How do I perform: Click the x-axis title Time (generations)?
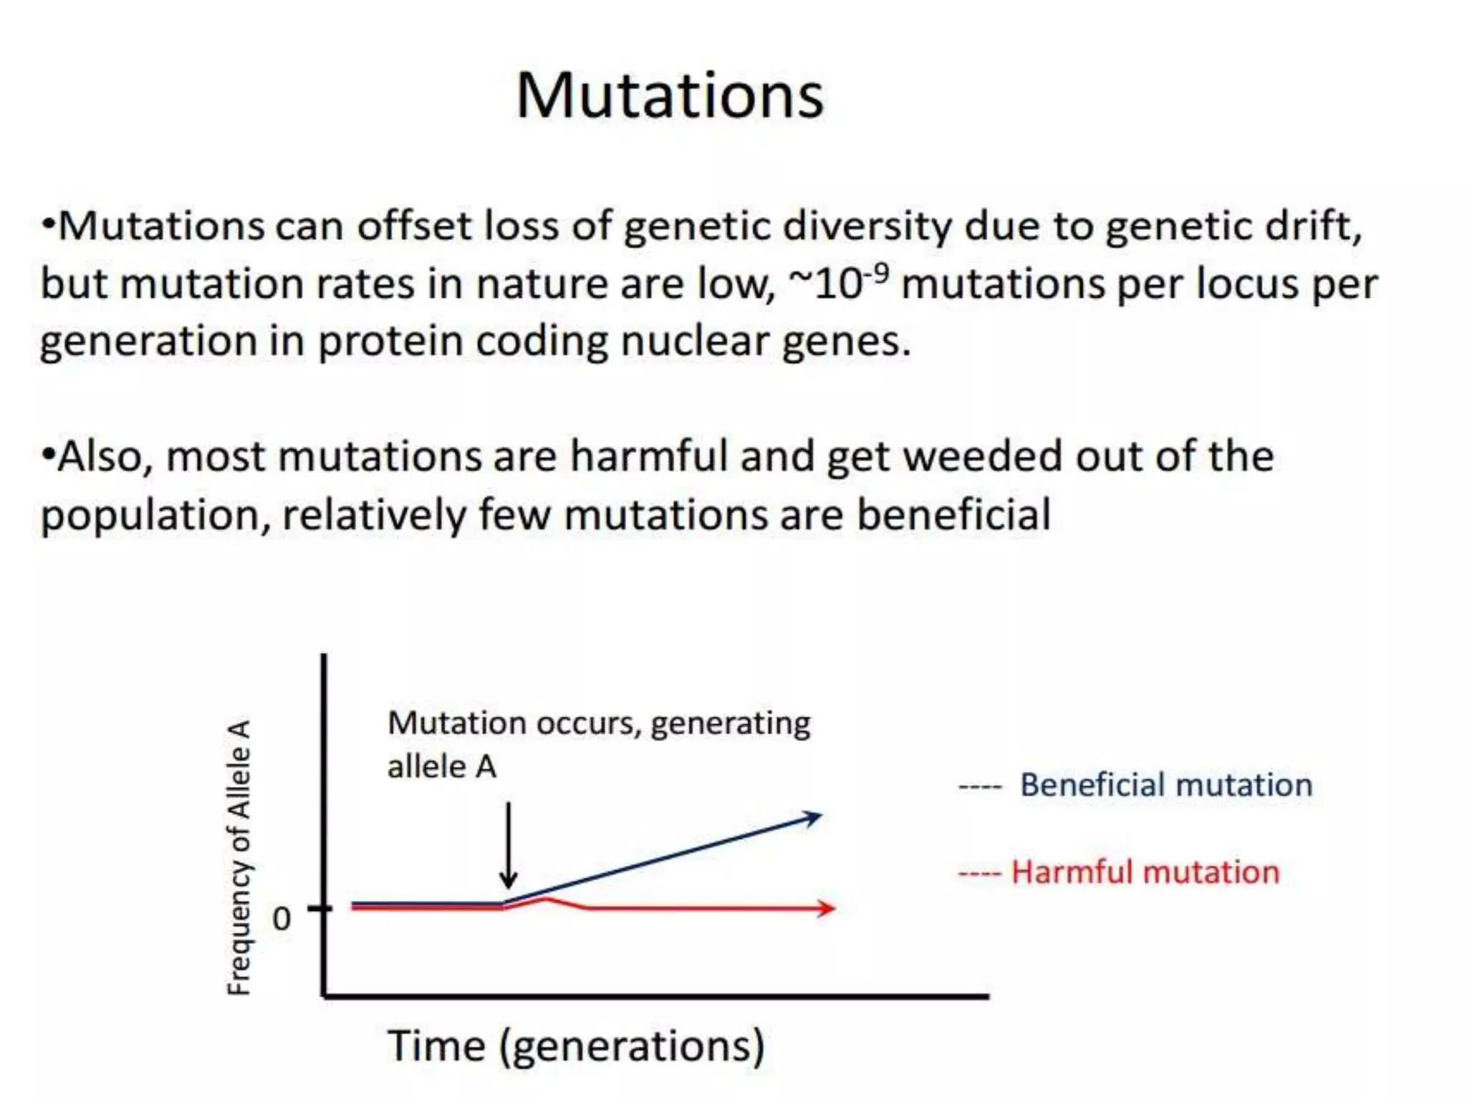coord(576,1046)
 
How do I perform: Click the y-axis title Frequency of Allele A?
coord(239,857)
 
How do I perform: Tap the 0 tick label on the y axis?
coord(282,919)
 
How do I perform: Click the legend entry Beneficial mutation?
coord(1165,785)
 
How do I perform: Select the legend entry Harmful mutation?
coord(1145,872)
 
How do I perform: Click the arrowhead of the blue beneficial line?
coord(813,817)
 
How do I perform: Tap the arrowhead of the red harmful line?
coord(827,908)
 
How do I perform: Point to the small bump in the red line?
coord(546,899)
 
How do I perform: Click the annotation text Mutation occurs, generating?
coord(599,723)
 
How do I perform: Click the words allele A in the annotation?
coord(441,767)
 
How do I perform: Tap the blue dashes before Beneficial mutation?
coord(980,787)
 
